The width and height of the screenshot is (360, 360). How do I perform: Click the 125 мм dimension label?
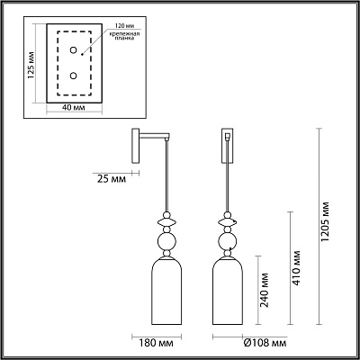coord(31,66)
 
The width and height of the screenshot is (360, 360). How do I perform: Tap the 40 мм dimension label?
coord(74,108)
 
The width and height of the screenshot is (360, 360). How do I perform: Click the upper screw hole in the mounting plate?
coord(73,50)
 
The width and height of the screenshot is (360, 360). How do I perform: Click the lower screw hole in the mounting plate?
coord(73,76)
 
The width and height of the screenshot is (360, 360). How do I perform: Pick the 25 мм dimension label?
coord(112,179)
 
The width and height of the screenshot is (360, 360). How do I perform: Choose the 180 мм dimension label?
coord(157,343)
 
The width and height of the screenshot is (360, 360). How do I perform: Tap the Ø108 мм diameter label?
coord(265,343)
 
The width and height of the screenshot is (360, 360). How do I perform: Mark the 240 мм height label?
coord(265,291)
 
